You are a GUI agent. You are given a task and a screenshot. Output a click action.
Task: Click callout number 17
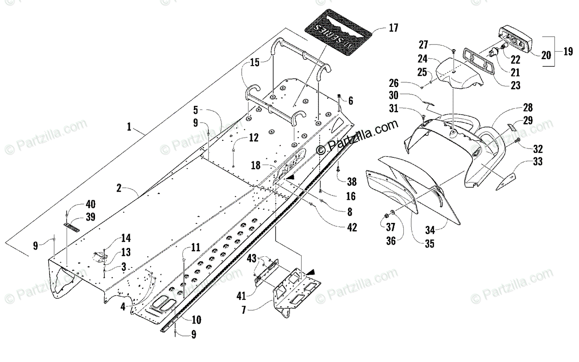393,28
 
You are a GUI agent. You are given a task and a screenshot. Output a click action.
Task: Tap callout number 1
129,127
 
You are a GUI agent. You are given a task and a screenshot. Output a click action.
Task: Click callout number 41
242,294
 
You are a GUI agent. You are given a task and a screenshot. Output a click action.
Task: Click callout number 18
256,165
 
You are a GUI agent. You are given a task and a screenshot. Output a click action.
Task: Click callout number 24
423,60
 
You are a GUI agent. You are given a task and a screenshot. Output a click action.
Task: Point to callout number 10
196,320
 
